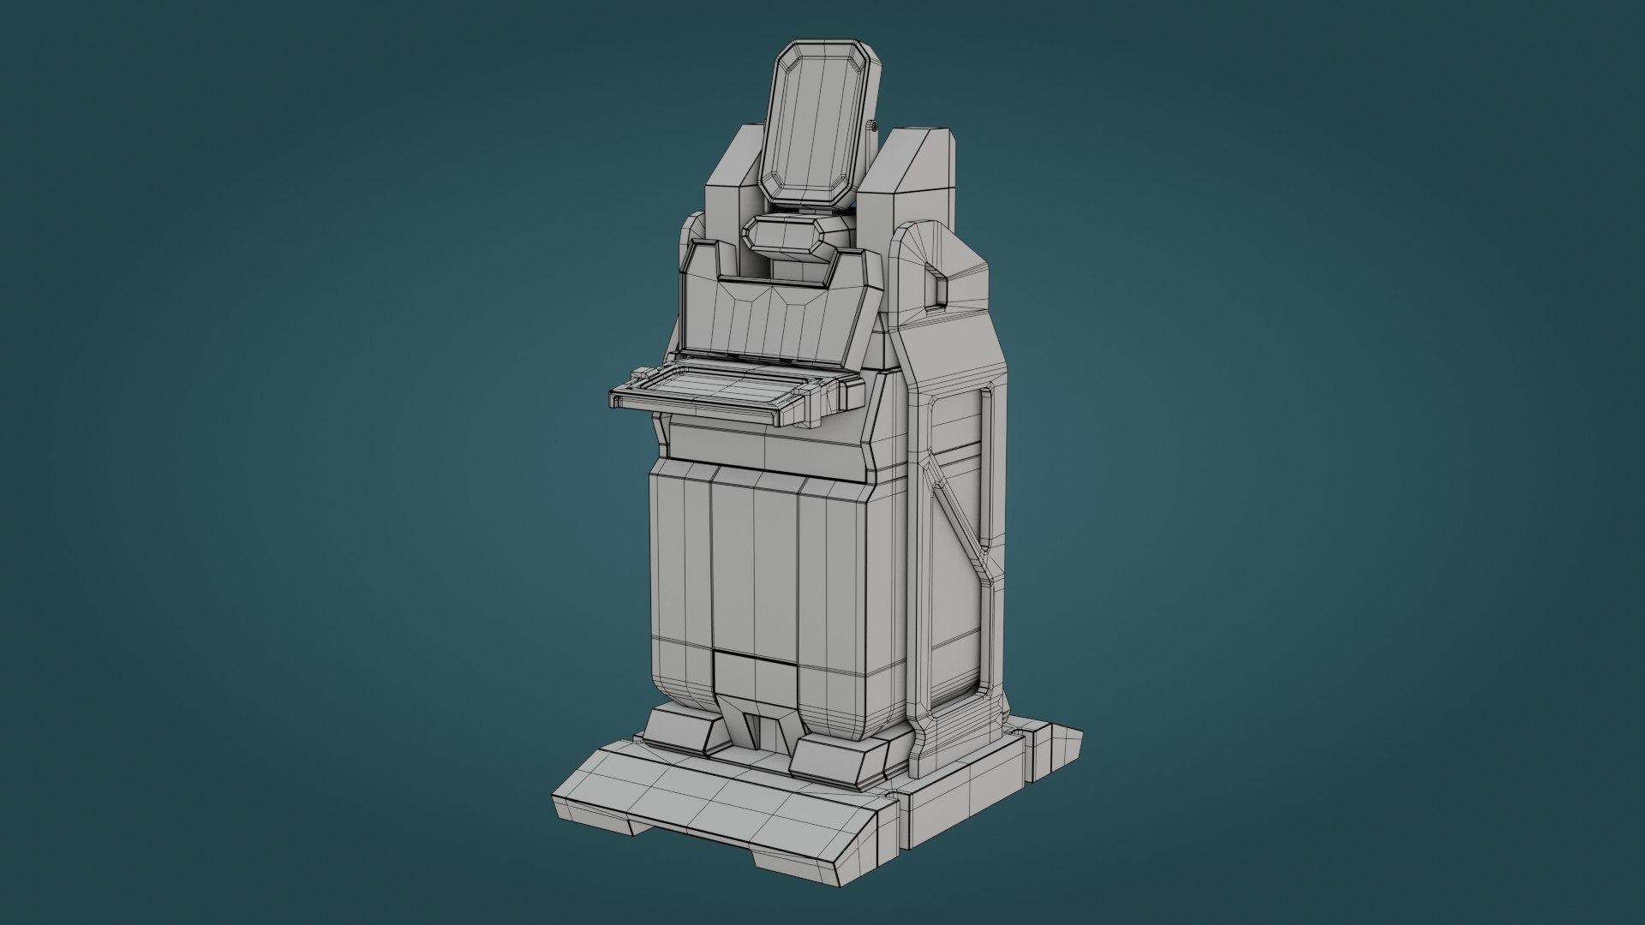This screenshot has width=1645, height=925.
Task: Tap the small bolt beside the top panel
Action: (x=873, y=126)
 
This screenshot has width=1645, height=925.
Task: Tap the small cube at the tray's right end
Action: (x=853, y=393)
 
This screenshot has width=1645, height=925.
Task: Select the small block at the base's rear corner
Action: (x=1054, y=749)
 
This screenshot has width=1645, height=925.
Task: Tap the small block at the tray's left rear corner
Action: (x=640, y=374)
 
